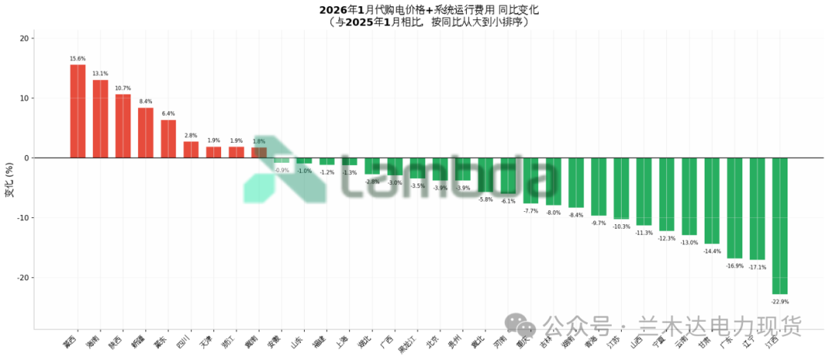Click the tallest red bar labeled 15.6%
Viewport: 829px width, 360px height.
coord(78,111)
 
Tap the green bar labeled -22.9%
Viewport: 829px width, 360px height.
coord(780,226)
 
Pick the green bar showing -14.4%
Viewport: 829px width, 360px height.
coord(712,200)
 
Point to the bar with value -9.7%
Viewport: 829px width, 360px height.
coord(599,187)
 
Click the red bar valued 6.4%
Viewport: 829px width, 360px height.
coord(168,139)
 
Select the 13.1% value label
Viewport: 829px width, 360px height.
coord(101,74)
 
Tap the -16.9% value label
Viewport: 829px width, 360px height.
coord(735,266)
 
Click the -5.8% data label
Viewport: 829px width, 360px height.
coord(485,200)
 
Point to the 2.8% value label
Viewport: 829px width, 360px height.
coord(191,135)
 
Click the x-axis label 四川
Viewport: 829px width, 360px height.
coord(184,342)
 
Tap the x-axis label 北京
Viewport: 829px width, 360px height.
coord(433,342)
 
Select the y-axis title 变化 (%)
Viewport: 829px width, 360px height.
coord(9,180)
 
